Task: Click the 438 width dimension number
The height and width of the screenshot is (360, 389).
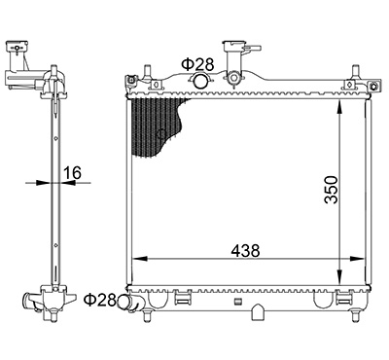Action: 245,250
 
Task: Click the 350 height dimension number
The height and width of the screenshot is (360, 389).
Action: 331,190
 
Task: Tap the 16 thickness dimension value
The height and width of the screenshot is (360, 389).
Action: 72,173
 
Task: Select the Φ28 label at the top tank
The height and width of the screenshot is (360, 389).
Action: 197,64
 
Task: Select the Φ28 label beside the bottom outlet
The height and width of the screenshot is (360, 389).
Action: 100,300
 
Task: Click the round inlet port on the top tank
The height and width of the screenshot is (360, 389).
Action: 200,81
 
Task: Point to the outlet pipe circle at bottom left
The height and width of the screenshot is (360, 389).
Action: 124,302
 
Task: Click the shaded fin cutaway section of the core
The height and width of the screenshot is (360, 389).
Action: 156,126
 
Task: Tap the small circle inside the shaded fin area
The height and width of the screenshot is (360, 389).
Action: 161,134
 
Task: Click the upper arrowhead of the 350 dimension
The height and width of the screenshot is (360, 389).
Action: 339,108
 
